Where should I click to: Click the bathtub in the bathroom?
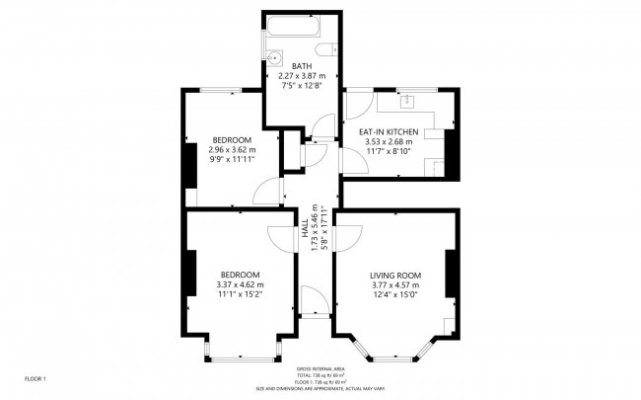[x=302, y=29]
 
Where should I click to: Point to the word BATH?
[x=302, y=66]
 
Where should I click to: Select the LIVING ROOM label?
[x=395, y=275]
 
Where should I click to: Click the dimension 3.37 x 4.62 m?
[x=240, y=284]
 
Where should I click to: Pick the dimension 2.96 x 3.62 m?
[x=232, y=149]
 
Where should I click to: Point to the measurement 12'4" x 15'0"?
[x=395, y=294]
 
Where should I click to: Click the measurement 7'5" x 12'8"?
[x=302, y=86]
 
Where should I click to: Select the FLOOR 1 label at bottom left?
[x=36, y=378]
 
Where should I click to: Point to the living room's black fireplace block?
[x=450, y=274]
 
